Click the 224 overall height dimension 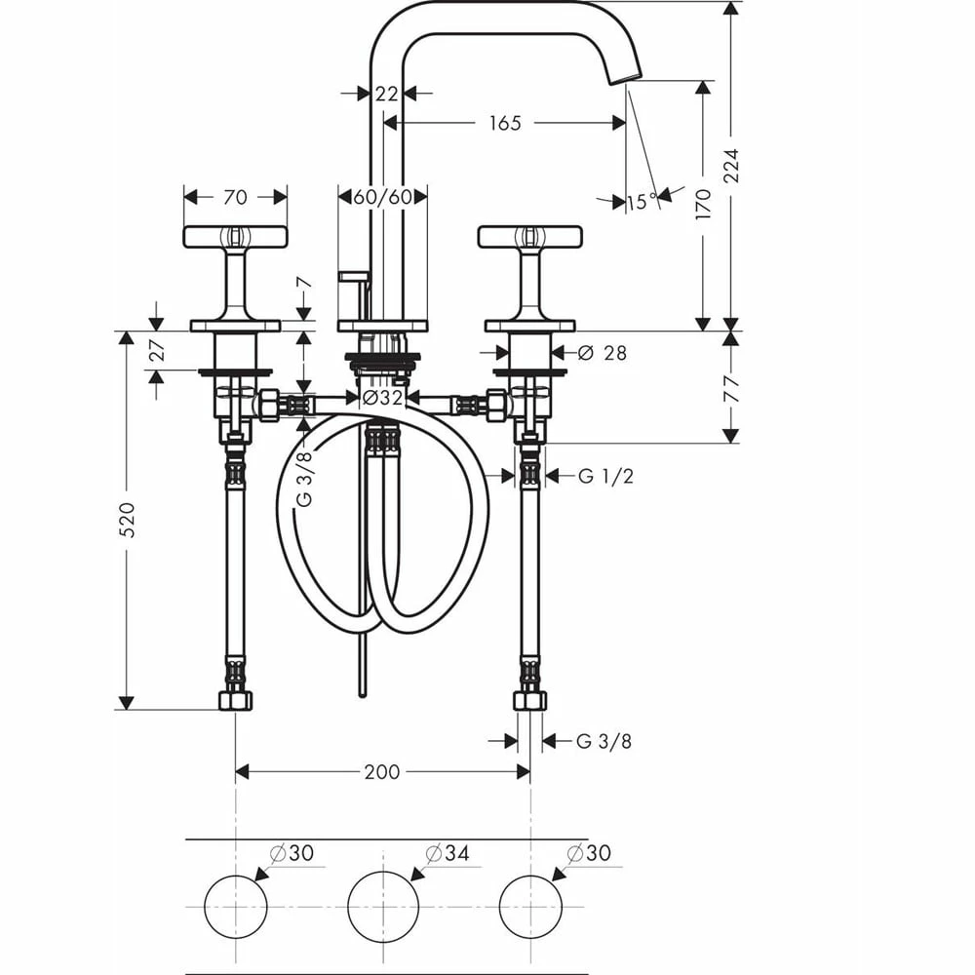coord(731,166)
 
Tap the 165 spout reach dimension coord(505,123)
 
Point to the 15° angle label coord(642,202)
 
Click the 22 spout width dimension coord(387,94)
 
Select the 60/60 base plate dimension coord(383,197)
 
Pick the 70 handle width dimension coord(235,197)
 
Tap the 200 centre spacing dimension coord(382,771)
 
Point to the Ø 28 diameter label coord(603,353)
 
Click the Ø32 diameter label coord(383,397)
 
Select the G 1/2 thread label coord(604,476)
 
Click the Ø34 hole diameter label coord(448,853)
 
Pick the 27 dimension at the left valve coord(156,352)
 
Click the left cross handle coord(235,236)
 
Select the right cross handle coord(530,236)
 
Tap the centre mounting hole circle coord(383,905)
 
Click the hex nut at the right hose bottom coord(530,699)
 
